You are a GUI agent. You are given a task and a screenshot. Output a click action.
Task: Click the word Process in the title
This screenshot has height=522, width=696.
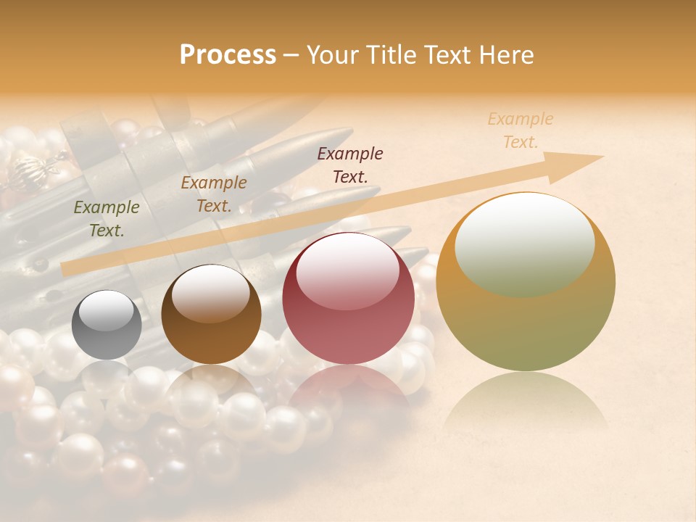coord(228,54)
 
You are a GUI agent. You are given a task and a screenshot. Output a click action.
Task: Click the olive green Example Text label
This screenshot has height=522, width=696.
coord(107,218)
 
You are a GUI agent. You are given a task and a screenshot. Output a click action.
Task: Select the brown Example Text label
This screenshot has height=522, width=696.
coord(214,194)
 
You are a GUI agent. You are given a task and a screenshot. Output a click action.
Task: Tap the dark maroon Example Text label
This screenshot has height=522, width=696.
coord(350,165)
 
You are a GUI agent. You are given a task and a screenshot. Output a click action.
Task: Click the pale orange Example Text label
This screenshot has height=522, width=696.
coord(521,130)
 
